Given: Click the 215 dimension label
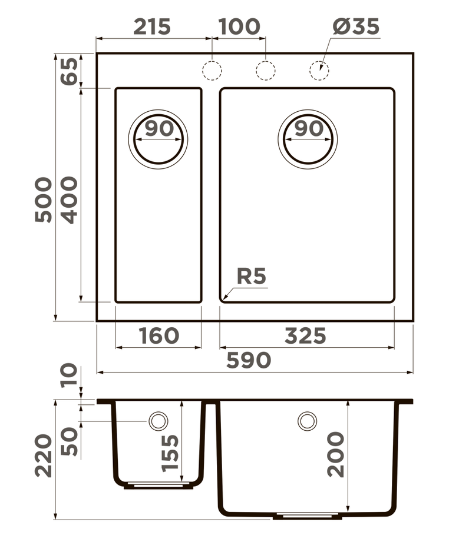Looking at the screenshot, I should [152, 26].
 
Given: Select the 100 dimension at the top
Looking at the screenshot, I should [239, 26].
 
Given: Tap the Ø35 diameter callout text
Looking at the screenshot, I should [355, 26].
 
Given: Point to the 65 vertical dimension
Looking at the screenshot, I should [70, 71].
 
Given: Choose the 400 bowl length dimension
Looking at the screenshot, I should [70, 199].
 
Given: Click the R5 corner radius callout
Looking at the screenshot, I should [252, 276].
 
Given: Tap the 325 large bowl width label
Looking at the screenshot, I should [305, 335].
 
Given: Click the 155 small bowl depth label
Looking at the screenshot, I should [170, 453].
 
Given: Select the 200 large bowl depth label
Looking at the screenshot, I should [336, 454].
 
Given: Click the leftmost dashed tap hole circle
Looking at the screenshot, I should [212, 70].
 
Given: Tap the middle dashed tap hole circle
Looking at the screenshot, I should [265, 70].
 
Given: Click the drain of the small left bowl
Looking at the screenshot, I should [158, 139].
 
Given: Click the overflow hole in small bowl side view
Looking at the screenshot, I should [158, 421].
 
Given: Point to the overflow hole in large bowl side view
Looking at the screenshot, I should [307, 421].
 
